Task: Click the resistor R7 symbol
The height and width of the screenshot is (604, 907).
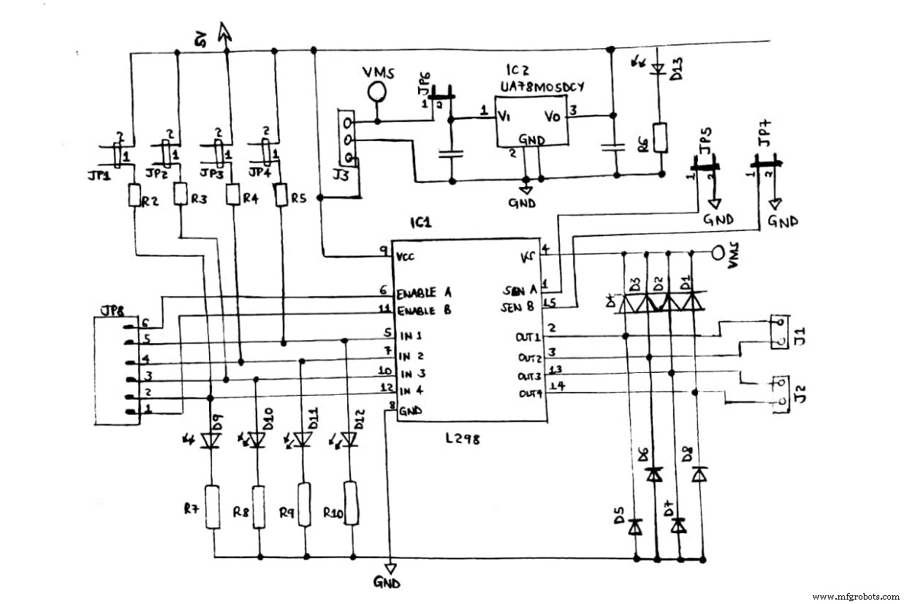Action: pos(212,506)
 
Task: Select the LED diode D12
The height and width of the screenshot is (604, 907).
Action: pos(350,439)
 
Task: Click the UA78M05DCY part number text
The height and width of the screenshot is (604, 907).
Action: pos(542,86)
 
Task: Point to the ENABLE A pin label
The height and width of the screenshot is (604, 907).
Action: pos(423,294)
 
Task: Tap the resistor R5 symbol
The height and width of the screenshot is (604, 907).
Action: pos(281,196)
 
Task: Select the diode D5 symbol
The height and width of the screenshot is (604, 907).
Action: pos(636,525)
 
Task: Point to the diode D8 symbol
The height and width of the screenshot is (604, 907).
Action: pos(700,474)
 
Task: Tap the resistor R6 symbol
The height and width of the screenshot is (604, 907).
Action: pos(661,137)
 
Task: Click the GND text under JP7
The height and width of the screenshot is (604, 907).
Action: pos(782,221)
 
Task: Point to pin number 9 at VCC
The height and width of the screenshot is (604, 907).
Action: pos(384,251)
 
